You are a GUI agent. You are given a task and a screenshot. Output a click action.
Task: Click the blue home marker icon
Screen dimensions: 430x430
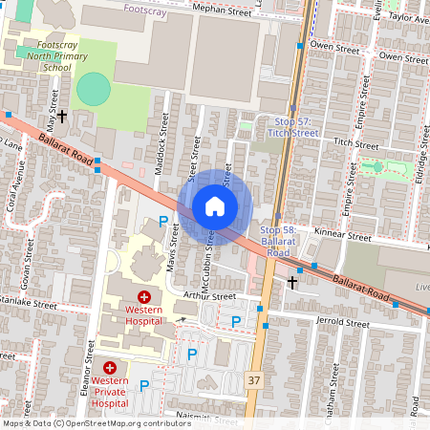pos(215,206)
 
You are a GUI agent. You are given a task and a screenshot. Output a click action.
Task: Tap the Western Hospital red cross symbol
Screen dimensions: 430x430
pos(144,298)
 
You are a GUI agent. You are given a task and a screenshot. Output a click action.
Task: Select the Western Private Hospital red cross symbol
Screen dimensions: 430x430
pos(111,367)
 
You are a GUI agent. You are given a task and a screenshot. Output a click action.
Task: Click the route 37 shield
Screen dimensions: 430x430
pos(253,379)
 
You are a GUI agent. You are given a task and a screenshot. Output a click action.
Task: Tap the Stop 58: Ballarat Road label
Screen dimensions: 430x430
pos(278,242)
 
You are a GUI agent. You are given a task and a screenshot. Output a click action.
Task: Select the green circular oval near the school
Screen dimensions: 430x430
pos(94,89)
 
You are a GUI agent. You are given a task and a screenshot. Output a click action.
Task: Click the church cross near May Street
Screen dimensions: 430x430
pos(62,117)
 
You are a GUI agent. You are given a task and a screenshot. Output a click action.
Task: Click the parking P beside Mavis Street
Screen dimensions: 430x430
pos(162,222)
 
